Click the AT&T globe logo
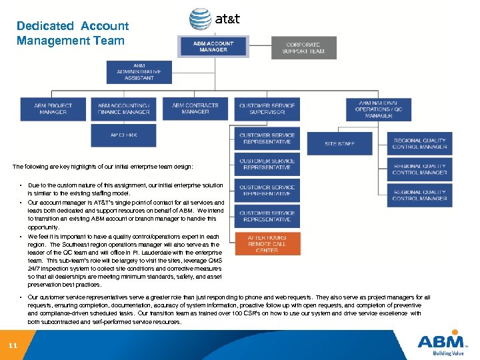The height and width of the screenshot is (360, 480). [200, 19]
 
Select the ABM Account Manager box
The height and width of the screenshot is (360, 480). [214, 46]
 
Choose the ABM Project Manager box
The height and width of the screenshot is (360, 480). [53, 109]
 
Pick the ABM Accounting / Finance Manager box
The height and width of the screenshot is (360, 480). [123, 109]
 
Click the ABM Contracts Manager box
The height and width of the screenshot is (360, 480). [195, 109]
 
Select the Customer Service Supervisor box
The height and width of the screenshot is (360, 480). [267, 109]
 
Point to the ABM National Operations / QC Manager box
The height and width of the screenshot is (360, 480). [379, 109]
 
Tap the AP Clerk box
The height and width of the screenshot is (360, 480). [123, 135]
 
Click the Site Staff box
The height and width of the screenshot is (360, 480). [339, 143]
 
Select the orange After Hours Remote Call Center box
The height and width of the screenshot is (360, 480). [267, 245]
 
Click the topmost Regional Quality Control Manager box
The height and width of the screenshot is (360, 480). [419, 143]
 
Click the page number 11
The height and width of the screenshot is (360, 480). [13, 345]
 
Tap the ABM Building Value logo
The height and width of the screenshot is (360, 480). [440, 344]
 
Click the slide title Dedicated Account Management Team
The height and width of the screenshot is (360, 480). [72, 33]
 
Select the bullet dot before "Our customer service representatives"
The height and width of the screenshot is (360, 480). [22, 297]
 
